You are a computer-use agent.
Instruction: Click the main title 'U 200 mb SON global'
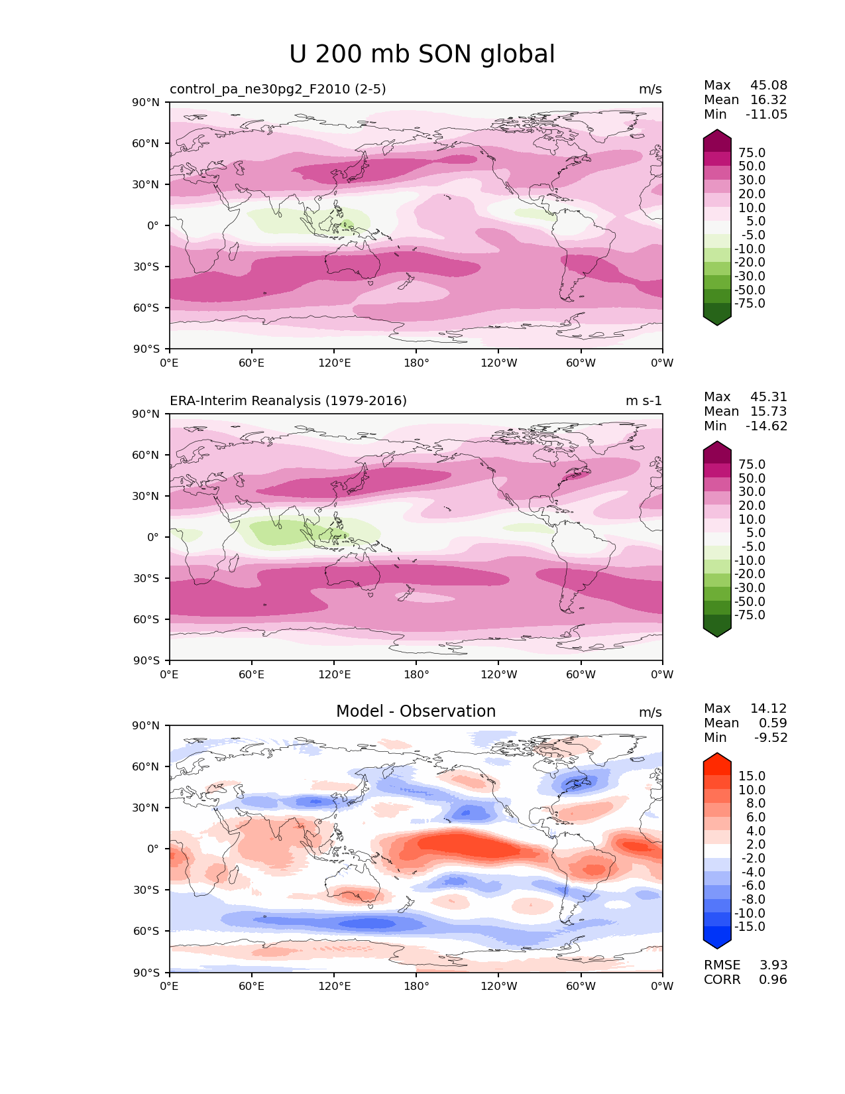pyautogui.click(x=422, y=54)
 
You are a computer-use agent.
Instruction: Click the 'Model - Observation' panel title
pyautogui.click(x=416, y=711)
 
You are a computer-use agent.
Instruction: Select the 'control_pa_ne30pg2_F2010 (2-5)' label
pyautogui.click(x=278, y=90)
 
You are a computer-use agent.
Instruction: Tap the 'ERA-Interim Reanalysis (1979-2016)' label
pyautogui.click(x=288, y=401)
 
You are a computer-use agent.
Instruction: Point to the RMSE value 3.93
pyautogui.click(x=773, y=965)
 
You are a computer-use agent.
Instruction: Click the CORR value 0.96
pyautogui.click(x=773, y=980)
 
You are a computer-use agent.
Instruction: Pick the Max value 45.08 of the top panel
pyautogui.click(x=769, y=86)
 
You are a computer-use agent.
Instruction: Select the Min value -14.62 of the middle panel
pyautogui.click(x=767, y=426)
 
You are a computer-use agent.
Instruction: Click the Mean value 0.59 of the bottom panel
pyautogui.click(x=773, y=723)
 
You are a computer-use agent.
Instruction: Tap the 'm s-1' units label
pyautogui.click(x=644, y=401)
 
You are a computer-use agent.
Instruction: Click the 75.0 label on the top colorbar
pyautogui.click(x=752, y=153)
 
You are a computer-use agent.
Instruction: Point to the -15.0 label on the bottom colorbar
pyautogui.click(x=750, y=927)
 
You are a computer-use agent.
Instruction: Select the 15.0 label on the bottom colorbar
pyautogui.click(x=752, y=776)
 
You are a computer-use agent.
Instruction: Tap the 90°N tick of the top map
pyautogui.click(x=146, y=103)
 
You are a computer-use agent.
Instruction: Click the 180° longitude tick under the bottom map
pyautogui.click(x=416, y=987)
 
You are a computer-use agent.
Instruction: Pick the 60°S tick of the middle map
pyautogui.click(x=146, y=619)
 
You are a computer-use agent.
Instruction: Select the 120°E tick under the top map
pyautogui.click(x=334, y=363)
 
